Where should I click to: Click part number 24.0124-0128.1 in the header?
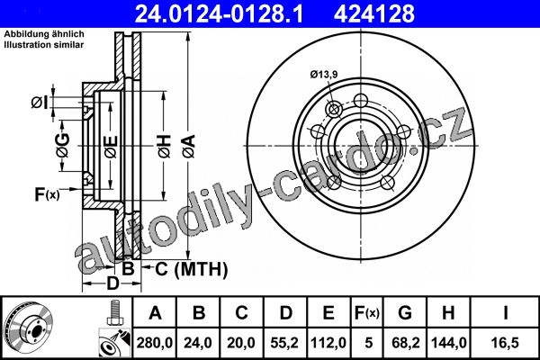219,13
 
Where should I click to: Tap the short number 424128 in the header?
374,13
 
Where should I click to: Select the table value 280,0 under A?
155,343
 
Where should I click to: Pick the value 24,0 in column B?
198,343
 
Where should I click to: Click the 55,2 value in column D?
284,343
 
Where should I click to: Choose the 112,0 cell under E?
328,343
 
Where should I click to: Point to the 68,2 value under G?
406,343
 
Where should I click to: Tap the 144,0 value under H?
449,343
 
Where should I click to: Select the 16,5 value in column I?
505,343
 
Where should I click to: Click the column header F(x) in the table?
367,313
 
